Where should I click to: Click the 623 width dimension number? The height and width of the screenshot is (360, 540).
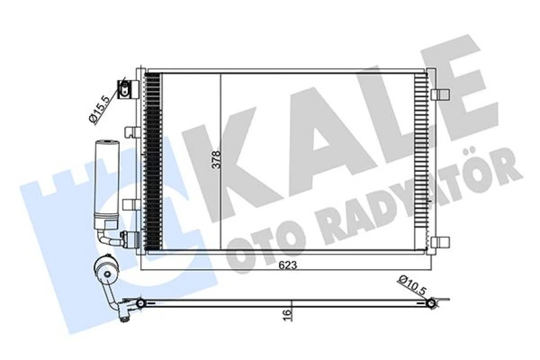pos(285,265)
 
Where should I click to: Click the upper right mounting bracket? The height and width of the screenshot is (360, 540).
pos(440,95)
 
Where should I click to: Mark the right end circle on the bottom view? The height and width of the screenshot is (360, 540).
pos(431,304)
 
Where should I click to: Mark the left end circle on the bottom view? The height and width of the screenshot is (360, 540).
pos(141,304)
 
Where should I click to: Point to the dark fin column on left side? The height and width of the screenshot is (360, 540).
pos(151,162)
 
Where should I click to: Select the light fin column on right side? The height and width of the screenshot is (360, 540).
pos(420,162)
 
